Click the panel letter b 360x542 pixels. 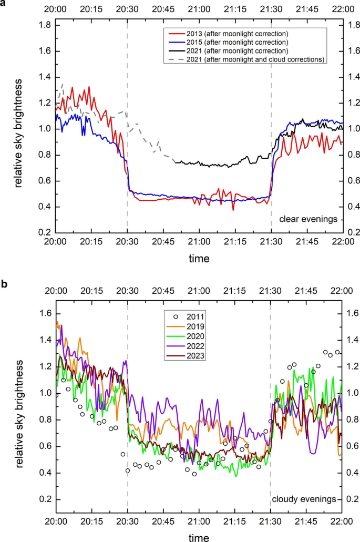pos(4,284)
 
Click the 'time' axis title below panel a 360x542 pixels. pos(199,259)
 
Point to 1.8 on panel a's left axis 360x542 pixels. pos(44,25)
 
